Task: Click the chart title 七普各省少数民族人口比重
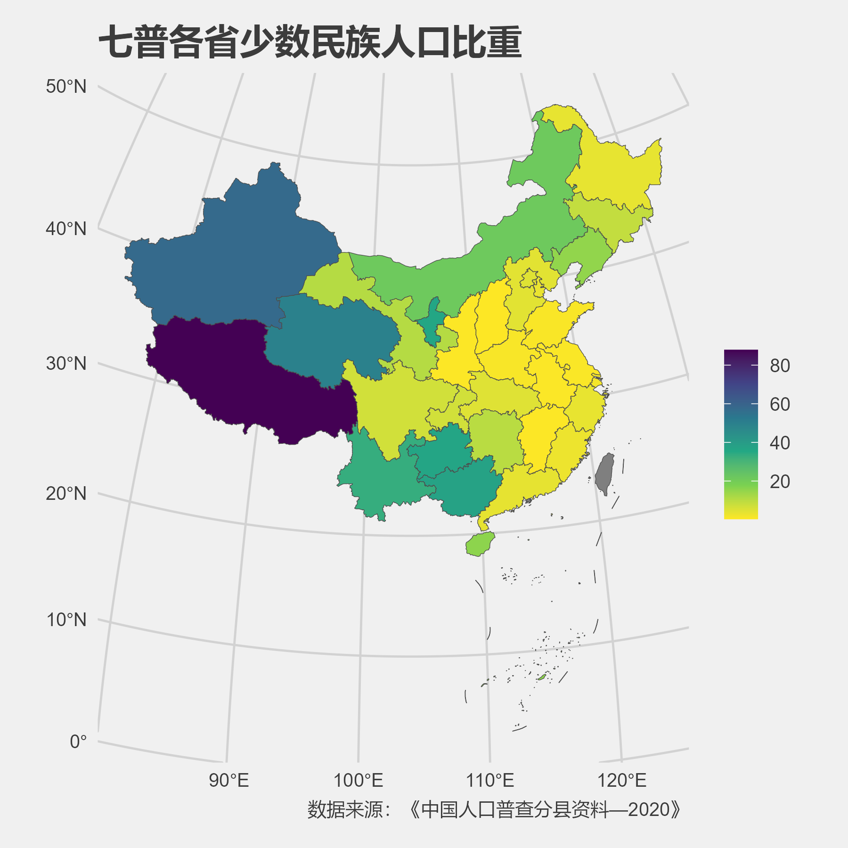click(x=310, y=42)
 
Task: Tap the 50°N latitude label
click(x=66, y=87)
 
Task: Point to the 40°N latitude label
click(x=66, y=229)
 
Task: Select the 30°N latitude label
click(x=66, y=364)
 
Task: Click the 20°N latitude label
click(x=66, y=494)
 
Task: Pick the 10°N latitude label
click(x=66, y=620)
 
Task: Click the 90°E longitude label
click(x=228, y=781)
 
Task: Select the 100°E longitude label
click(x=358, y=781)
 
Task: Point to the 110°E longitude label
click(x=490, y=781)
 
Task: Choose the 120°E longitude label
click(x=622, y=781)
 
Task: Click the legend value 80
click(x=780, y=366)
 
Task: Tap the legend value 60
click(x=780, y=404)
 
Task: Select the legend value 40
click(x=780, y=443)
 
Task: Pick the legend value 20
click(x=780, y=481)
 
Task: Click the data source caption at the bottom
click(x=494, y=809)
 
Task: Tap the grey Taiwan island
click(x=604, y=473)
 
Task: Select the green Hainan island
click(x=480, y=544)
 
